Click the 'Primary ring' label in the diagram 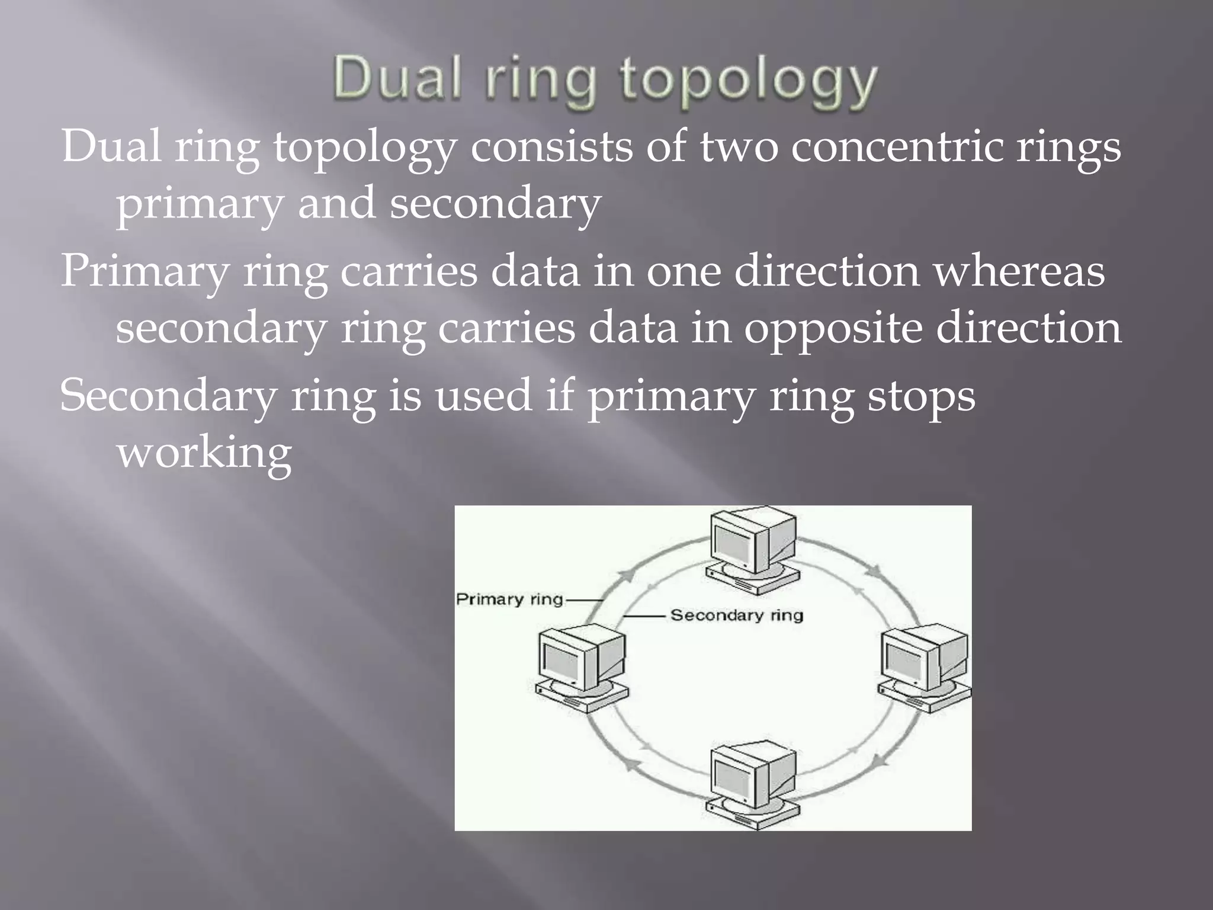click(x=509, y=600)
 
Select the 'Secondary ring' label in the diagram click(x=736, y=615)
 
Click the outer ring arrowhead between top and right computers click(x=874, y=572)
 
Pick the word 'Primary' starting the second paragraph click(x=145, y=271)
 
